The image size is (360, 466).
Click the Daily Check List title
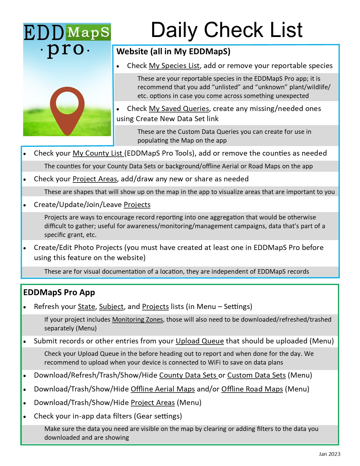tap(226, 30)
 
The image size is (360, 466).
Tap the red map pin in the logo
tap(67, 110)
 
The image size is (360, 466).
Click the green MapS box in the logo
tap(88, 32)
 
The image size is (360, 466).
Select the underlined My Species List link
tap(174, 66)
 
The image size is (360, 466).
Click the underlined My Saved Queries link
tap(179, 109)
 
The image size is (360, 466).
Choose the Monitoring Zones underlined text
tap(138, 320)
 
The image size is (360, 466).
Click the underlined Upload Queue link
tap(200, 341)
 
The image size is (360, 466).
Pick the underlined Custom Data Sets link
tap(256, 375)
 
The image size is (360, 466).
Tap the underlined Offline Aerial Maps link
tap(163, 389)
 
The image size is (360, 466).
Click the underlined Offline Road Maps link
tap(252, 389)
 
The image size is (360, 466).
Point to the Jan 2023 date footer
tap(329, 454)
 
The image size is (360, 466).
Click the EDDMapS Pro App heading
tap(59, 293)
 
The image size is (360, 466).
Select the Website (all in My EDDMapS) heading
tap(173, 52)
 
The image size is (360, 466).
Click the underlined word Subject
tap(111, 307)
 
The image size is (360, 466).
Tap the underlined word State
tap(86, 307)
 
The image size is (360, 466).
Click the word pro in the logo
tap(66, 50)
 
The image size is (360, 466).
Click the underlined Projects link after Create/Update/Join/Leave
tap(137, 205)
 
